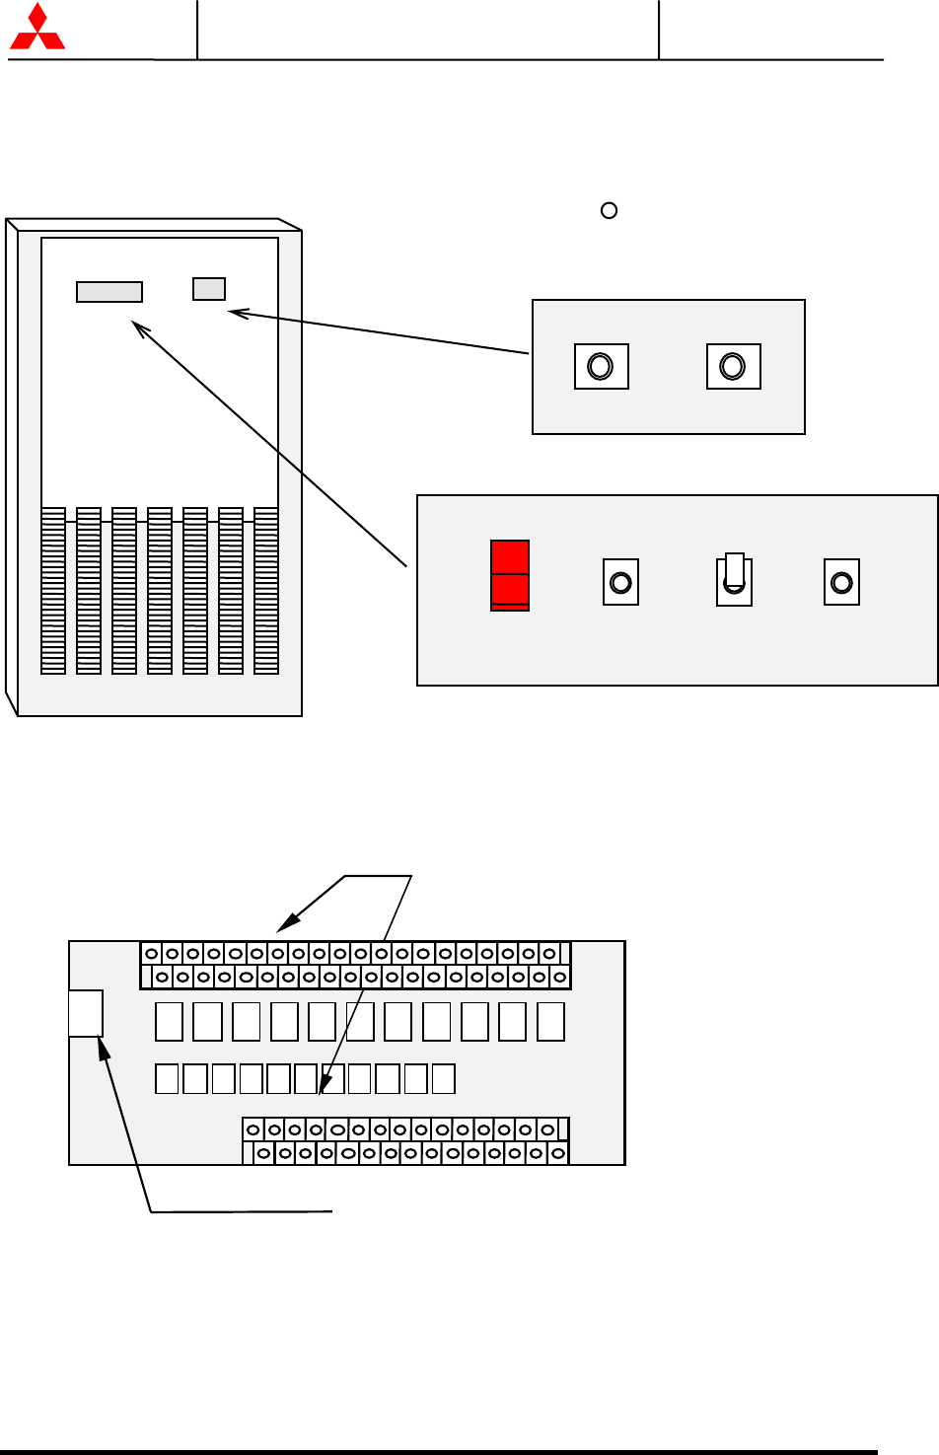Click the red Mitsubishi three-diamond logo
coord(36,28)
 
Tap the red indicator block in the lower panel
coord(510,575)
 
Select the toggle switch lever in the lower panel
coord(734,570)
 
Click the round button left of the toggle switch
coord(620,582)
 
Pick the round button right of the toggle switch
coord(841,582)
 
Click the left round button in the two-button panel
coord(601,367)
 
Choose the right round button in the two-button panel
coord(733,367)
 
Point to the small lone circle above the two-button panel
coord(610,210)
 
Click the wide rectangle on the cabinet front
coord(109,292)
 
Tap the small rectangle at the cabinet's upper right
coord(209,288)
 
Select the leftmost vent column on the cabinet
coord(53,591)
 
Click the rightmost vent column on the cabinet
coord(266,591)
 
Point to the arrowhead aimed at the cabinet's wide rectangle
coord(138,327)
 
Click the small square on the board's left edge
coord(86,1013)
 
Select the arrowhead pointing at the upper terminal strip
coord(284,926)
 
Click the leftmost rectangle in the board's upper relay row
coord(169,1021)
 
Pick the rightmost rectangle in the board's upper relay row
coord(551,1021)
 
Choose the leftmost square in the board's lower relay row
coord(167,1078)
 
